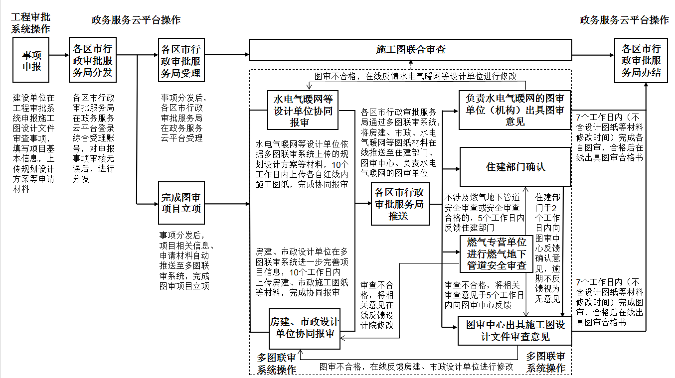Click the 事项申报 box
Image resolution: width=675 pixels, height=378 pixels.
[31, 60]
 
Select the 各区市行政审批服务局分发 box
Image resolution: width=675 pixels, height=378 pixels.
[93, 60]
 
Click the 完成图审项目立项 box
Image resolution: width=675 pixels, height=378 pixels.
[181, 203]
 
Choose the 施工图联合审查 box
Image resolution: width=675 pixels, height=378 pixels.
[410, 50]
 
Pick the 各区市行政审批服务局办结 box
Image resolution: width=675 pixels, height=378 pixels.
[641, 60]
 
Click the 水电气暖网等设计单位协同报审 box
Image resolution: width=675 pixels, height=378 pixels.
[303, 111]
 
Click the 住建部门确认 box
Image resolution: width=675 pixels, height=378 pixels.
[515, 167]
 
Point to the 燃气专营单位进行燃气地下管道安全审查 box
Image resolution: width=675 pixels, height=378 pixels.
[497, 254]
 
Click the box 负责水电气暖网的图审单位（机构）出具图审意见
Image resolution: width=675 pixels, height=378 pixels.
[515, 110]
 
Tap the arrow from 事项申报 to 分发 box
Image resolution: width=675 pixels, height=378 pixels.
[59, 55]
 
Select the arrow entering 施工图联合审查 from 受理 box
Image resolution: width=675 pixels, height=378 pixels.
[227, 55]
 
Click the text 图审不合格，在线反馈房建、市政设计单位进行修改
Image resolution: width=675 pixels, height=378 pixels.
[416, 367]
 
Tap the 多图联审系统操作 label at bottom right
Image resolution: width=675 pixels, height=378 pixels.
[546, 362]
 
